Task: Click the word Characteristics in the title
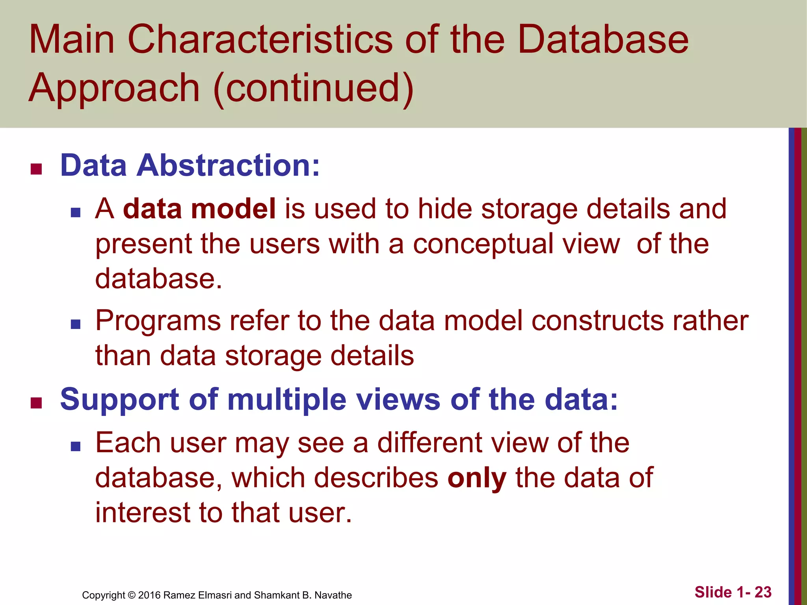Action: [260, 39]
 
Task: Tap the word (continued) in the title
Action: [313, 88]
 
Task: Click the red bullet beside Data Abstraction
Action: [36, 169]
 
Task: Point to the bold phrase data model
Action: [199, 209]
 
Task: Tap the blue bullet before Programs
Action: [76, 324]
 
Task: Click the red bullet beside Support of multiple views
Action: [36, 403]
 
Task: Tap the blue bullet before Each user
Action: [76, 446]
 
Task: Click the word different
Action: [430, 443]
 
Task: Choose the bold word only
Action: [477, 478]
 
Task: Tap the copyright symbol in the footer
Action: [132, 595]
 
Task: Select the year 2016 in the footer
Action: [149, 595]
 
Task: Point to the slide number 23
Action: [763, 592]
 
